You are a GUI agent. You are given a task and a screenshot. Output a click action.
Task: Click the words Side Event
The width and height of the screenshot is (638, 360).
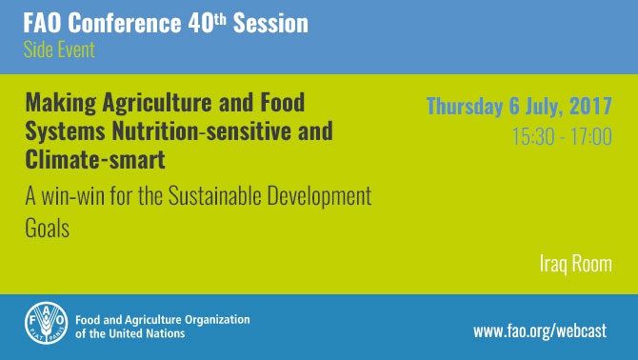pos(59,50)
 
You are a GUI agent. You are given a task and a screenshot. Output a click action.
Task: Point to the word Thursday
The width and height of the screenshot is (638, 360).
pos(467,106)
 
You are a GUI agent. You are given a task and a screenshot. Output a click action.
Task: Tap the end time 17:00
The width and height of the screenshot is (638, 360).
pos(590,136)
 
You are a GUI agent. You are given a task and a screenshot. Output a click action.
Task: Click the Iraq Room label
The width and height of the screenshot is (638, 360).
pos(571,263)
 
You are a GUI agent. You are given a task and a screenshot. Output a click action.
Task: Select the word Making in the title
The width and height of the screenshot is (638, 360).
pos(55,102)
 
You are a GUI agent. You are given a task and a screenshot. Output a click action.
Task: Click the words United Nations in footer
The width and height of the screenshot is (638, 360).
pos(145,334)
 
